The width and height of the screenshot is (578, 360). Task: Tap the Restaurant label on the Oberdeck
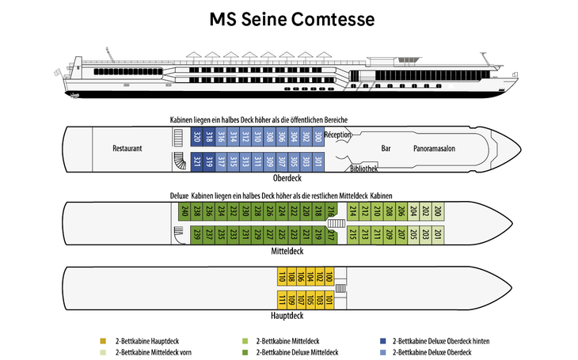coord(127,148)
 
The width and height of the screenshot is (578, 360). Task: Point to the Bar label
coord(386,148)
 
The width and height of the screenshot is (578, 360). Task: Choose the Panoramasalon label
coord(437,148)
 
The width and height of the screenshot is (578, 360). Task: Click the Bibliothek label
coord(363,169)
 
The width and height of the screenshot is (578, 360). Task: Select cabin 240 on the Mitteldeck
coord(185,210)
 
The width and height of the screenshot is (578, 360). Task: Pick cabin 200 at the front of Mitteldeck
coord(438,210)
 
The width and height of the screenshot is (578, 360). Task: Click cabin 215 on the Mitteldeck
coord(352,234)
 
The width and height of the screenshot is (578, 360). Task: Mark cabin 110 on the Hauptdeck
coord(282,277)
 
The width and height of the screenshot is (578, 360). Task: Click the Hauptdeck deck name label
coord(287,316)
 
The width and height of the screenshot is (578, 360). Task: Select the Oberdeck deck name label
coord(289,179)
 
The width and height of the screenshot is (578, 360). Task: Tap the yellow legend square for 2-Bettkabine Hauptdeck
coord(103,341)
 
